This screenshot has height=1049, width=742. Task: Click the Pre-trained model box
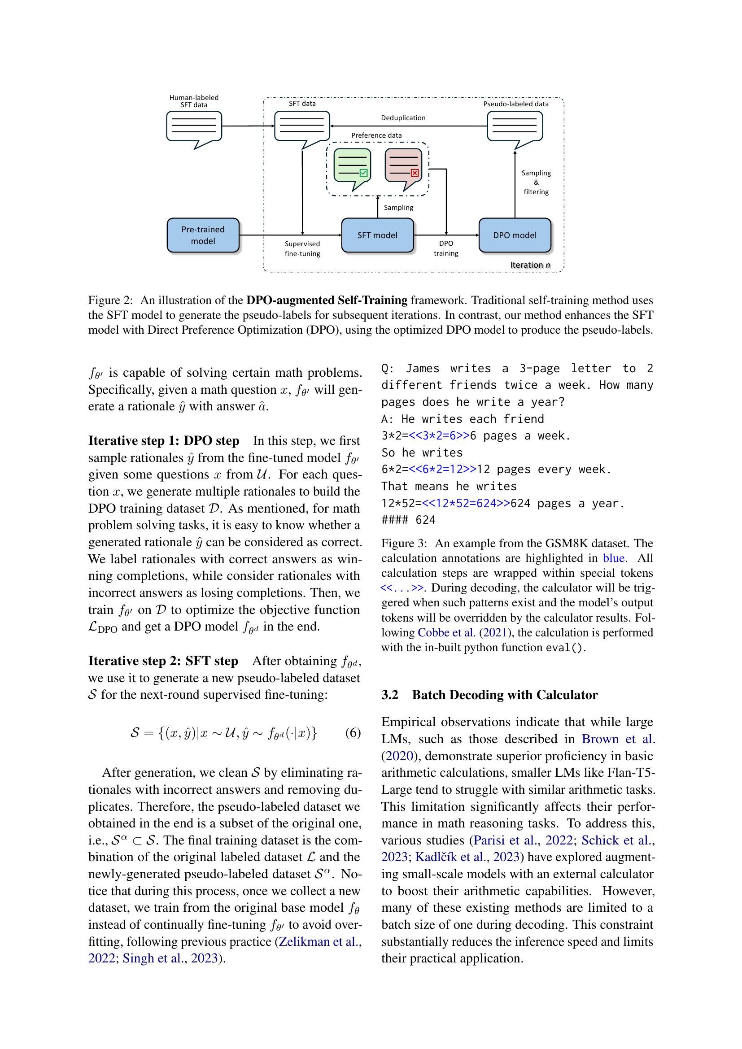203,235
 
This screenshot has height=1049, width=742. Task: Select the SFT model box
377,235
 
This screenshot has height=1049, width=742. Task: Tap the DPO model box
515,235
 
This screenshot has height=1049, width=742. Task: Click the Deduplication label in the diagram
403,118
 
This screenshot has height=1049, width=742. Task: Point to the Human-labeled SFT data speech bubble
194,127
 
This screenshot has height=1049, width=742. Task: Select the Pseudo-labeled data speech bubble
515,126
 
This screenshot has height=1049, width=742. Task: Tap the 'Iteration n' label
530,265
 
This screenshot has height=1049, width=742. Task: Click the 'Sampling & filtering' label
536,182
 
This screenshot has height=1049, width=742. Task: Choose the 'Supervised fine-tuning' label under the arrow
302,248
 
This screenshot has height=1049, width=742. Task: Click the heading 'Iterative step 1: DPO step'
164,441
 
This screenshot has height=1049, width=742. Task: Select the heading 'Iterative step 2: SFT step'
163,661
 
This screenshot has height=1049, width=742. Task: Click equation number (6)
353,733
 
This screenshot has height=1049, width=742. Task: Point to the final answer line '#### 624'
408,520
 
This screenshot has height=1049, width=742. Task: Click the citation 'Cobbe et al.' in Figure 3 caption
440,633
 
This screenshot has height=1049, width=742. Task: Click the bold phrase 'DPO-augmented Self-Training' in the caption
327,300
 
